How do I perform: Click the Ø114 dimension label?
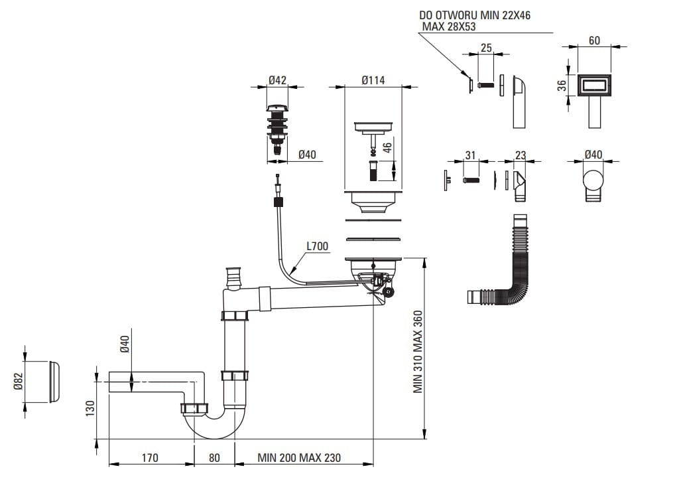coord(373,80)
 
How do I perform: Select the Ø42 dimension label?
coord(277,80)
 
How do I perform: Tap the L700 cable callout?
coord(317,246)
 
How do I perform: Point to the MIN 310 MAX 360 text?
coord(418,352)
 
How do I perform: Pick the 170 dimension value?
coord(151,458)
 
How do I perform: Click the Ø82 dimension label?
coord(19,382)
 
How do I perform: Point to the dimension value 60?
coord(594,41)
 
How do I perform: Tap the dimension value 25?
coord(486,48)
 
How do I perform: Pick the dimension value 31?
coord(470,155)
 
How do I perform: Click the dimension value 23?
coord(521,155)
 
